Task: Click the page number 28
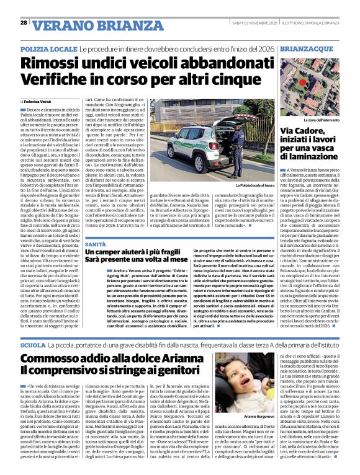click(x=24, y=22)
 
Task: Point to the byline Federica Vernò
click(x=40, y=100)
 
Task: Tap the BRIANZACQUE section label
click(x=305, y=48)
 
